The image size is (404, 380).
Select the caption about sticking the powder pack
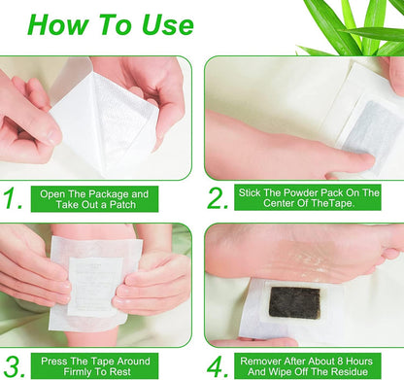tap(308, 199)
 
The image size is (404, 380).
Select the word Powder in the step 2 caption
tap(289, 192)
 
